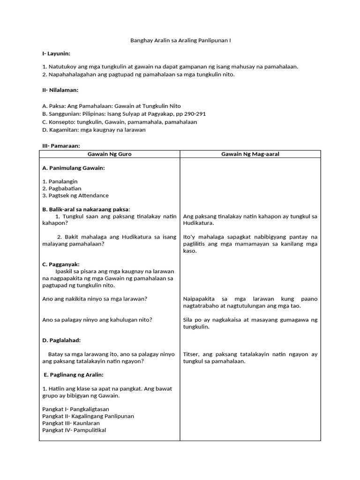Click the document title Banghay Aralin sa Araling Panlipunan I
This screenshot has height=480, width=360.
180,41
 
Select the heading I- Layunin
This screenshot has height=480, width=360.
56,54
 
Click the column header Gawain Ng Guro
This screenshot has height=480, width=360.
109,154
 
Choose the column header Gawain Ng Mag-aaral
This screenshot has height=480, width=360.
250,154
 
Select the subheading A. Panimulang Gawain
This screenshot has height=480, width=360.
74,168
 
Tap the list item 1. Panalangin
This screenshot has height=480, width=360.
60,181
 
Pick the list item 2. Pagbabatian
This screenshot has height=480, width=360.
62,188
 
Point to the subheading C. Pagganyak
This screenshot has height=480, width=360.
61,264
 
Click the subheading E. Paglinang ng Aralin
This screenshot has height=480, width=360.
73,375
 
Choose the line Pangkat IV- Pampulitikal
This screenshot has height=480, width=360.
74,430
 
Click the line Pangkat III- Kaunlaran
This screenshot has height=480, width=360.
71,423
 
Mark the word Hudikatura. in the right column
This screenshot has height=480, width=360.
198,223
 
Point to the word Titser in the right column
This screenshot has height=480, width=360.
191,354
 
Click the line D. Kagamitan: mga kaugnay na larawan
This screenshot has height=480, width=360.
94,130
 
